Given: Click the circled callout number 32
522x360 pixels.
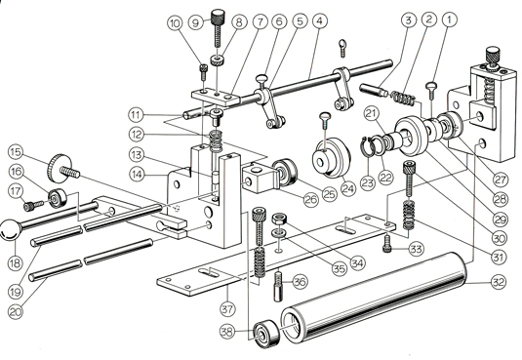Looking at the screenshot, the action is (499, 282).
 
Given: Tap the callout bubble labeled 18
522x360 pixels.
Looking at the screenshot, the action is (15, 263).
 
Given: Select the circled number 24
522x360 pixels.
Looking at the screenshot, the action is (348, 189).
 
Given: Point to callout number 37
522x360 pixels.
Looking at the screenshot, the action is (227, 309).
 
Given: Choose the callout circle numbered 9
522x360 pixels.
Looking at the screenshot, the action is (196, 22).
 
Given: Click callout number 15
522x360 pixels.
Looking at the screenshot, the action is (16, 152).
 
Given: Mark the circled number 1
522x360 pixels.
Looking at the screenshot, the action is (450, 20).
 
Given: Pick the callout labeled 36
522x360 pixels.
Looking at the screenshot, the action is (300, 282).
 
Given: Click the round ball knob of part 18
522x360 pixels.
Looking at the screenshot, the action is (10, 230).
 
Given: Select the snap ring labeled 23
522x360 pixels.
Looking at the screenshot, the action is (366, 147).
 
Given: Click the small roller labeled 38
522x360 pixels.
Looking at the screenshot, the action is (266, 334).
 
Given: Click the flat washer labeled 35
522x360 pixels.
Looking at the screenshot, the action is (279, 232).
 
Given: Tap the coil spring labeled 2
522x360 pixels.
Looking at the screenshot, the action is (403, 98).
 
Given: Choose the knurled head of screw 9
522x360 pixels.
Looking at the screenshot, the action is (218, 16).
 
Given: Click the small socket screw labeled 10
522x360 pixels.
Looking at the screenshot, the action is (203, 72).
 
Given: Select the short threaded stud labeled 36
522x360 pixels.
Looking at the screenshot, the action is (278, 287).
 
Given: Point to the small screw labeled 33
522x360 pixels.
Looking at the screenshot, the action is (387, 244).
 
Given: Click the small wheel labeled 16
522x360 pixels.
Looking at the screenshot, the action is (57, 198).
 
